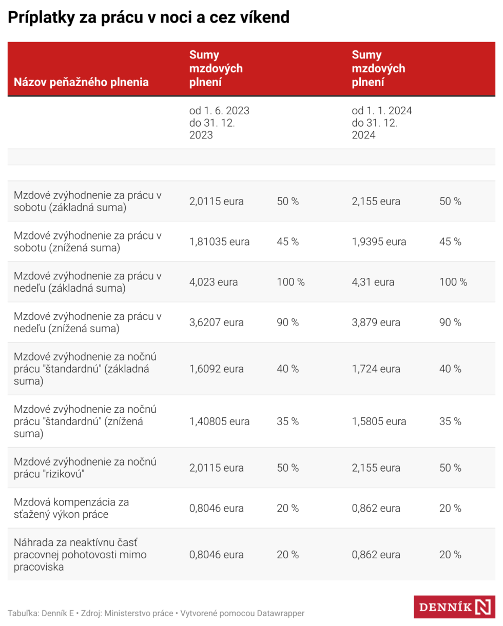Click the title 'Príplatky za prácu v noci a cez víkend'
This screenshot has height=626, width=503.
149,18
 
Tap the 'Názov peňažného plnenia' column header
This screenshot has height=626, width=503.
81,82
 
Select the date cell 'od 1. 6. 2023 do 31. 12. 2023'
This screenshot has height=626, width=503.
219,123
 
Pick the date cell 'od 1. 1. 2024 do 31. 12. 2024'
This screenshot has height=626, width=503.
382,123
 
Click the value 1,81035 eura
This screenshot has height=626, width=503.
220,241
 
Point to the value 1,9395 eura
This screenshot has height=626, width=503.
379,241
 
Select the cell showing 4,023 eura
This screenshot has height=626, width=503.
214,282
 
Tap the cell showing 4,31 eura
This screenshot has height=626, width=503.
373,282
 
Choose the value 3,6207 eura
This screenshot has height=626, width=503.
217,322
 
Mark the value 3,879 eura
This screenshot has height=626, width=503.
376,322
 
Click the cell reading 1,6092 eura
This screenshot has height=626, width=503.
217,369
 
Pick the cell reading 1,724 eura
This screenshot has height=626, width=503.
376,369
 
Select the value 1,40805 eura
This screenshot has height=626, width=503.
220,421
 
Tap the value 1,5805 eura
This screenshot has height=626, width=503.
379,421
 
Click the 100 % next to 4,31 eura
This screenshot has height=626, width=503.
453,282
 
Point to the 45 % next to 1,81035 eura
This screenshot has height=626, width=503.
287,241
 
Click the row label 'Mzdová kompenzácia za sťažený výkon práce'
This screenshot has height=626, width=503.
71,508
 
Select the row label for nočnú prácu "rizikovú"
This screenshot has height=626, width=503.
85,468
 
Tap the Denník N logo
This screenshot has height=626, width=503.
454,607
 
